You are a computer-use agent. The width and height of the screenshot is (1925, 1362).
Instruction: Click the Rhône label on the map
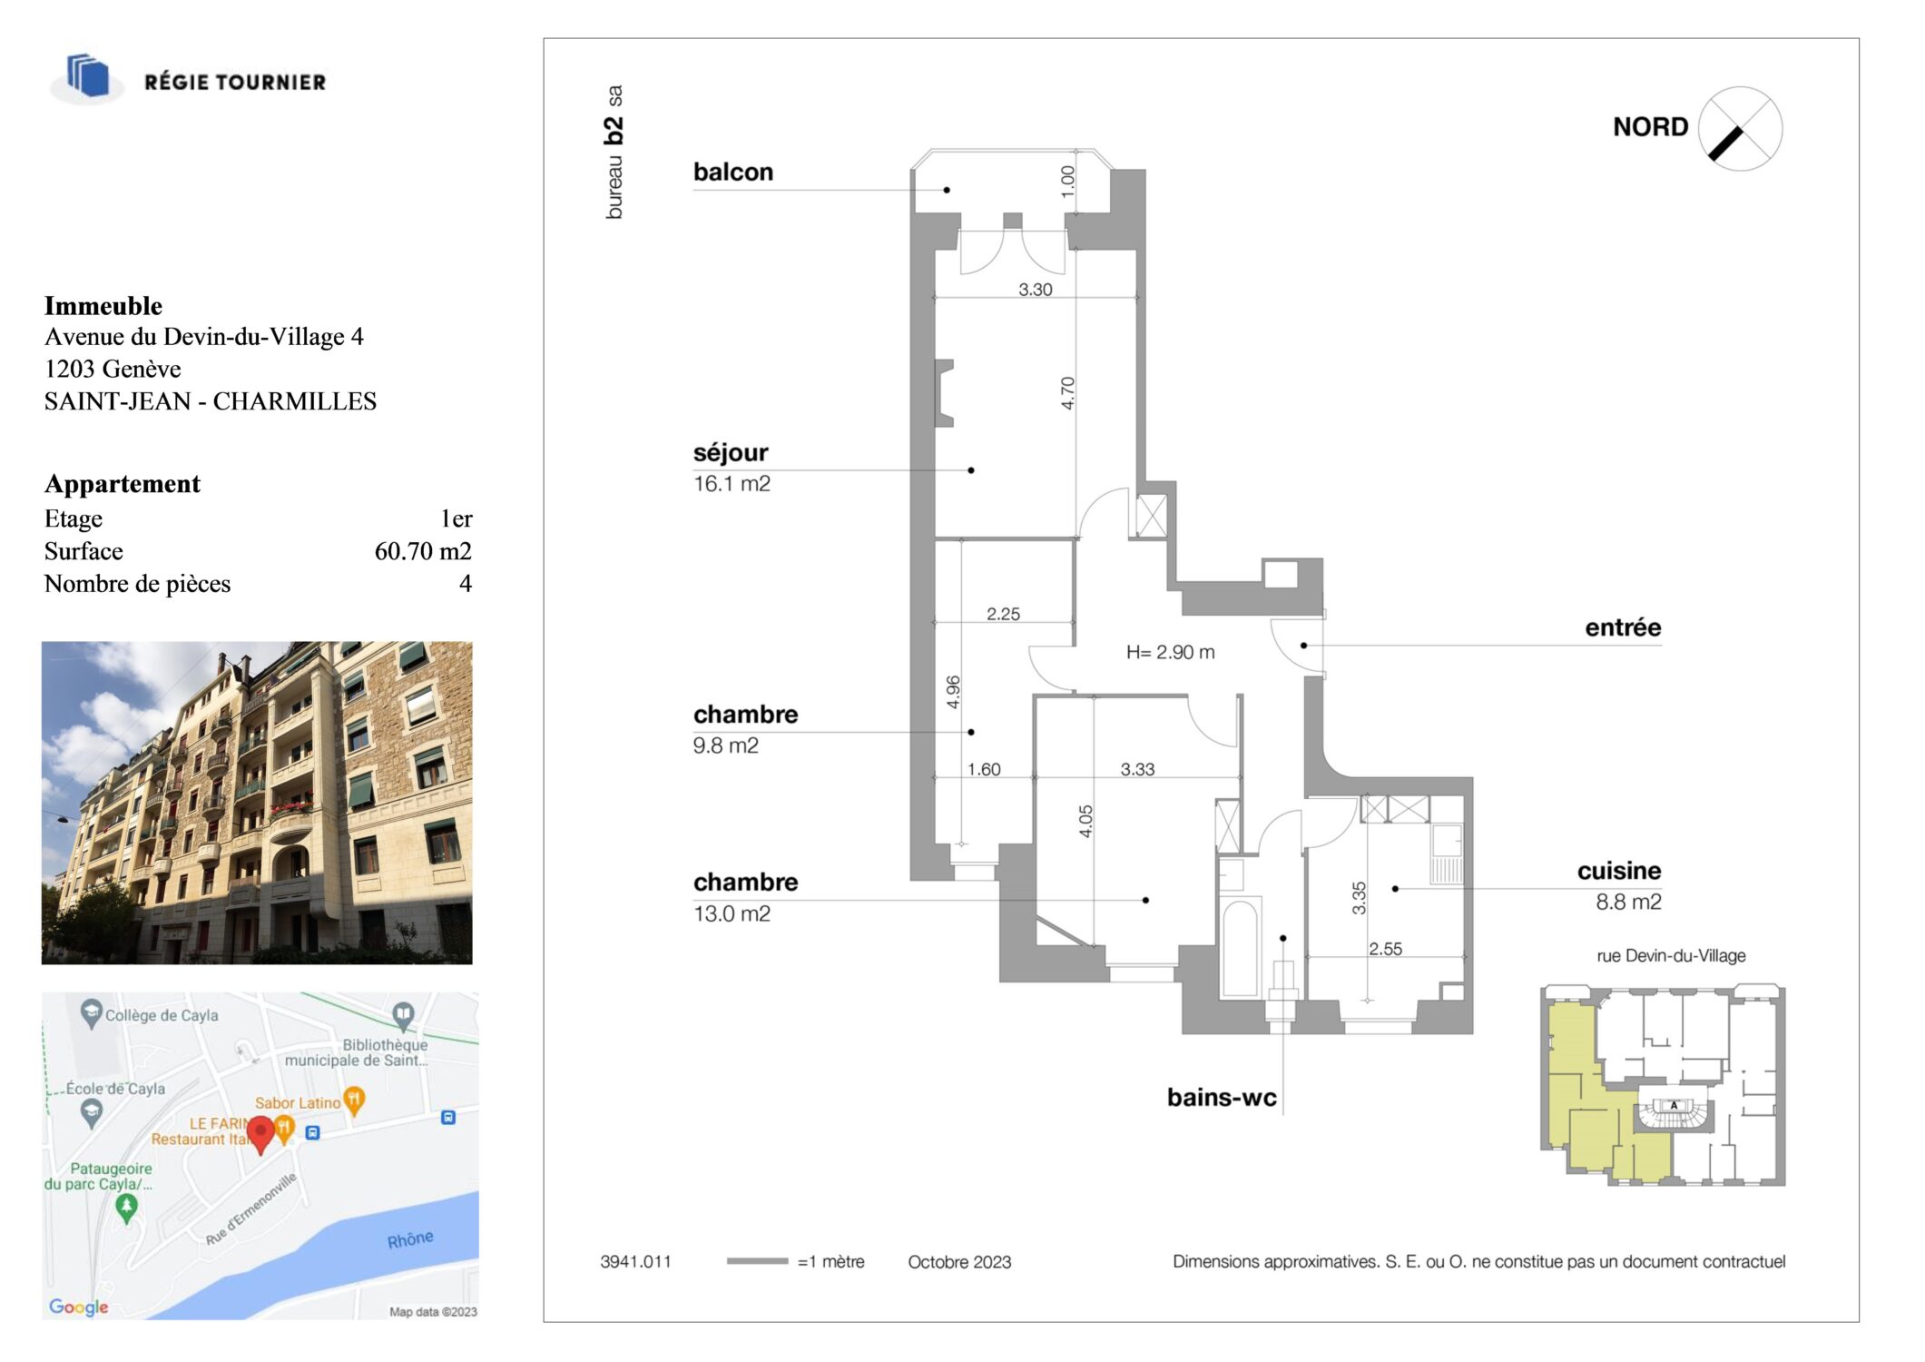pyautogui.click(x=410, y=1239)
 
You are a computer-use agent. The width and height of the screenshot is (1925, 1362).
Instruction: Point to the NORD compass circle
pyautogui.click(x=1740, y=129)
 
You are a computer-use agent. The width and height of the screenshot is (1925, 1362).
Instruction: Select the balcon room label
pyautogui.click(x=733, y=172)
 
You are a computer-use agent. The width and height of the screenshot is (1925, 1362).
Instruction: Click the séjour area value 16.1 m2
pyautogui.click(x=732, y=484)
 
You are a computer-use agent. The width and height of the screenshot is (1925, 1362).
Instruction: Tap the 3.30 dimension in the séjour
pyautogui.click(x=1036, y=290)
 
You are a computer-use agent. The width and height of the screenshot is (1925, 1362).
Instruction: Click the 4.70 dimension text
pyautogui.click(x=1067, y=393)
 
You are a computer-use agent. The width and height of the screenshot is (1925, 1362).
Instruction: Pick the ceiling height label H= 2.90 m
pyautogui.click(x=1170, y=652)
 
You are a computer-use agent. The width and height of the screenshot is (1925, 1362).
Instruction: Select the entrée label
pyautogui.click(x=1623, y=627)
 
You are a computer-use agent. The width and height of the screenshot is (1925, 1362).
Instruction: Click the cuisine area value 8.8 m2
pyautogui.click(x=1628, y=902)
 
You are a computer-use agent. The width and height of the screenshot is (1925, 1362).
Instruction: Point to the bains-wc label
pyautogui.click(x=1222, y=1098)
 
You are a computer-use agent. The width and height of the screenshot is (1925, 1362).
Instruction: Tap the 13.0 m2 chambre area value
pyautogui.click(x=732, y=913)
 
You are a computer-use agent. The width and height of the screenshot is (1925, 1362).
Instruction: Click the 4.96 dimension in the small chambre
pyautogui.click(x=953, y=692)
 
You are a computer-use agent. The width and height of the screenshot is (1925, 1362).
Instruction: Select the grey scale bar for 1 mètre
pyautogui.click(x=757, y=1260)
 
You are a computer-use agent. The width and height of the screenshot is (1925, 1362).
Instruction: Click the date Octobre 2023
pyautogui.click(x=959, y=1262)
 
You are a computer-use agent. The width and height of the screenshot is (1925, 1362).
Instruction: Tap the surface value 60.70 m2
pyautogui.click(x=423, y=551)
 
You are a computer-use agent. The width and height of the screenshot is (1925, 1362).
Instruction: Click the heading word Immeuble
pyautogui.click(x=103, y=306)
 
